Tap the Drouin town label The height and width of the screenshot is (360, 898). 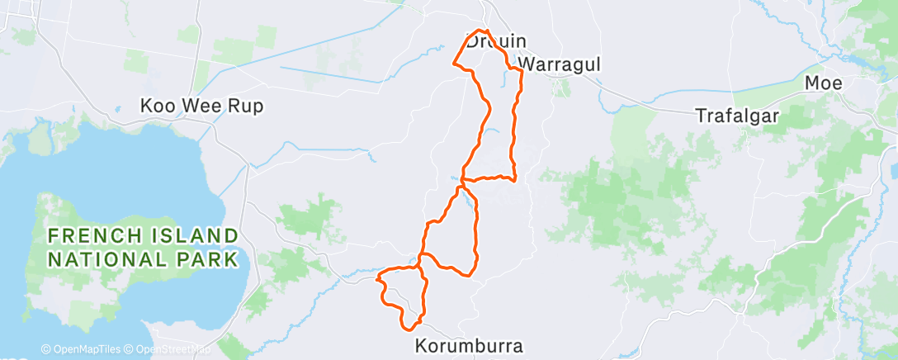pyautogui.click(x=496, y=41)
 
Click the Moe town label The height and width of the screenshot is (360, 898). pyautogui.click(x=824, y=83)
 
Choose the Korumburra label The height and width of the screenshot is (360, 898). pyautogui.click(x=470, y=346)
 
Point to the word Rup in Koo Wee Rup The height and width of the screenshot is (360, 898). pyautogui.click(x=237, y=107)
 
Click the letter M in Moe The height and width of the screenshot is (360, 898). pyautogui.click(x=812, y=83)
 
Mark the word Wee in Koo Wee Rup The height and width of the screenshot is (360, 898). pyautogui.click(x=198, y=107)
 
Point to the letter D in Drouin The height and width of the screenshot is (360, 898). pyautogui.click(x=473, y=41)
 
